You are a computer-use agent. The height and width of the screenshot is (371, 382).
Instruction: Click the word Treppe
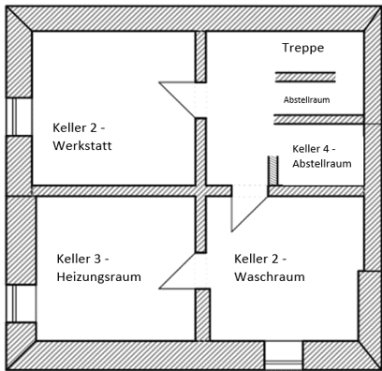pyautogui.click(x=302, y=47)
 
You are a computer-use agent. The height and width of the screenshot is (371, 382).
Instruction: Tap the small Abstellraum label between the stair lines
pyautogui.click(x=306, y=98)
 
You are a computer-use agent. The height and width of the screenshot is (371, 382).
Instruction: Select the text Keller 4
pyautogui.click(x=314, y=148)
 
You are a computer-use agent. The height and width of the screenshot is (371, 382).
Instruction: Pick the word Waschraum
pyautogui.click(x=269, y=276)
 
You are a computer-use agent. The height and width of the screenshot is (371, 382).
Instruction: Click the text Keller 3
pyautogui.click(x=83, y=259)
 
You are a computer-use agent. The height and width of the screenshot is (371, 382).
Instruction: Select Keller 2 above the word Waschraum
pyautogui.click(x=260, y=259)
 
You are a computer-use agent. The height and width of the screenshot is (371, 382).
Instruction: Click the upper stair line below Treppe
pyautogui.click(x=304, y=74)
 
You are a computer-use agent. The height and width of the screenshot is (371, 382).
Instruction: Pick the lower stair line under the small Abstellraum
pyautogui.click(x=305, y=118)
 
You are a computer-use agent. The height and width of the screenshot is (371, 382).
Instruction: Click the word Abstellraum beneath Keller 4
pyautogui.click(x=322, y=163)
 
